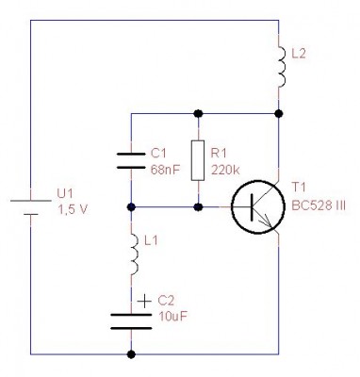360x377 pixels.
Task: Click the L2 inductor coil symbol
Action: tap(283, 67)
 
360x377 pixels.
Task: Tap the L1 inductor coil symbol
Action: tap(135, 254)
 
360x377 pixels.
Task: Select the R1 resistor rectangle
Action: tap(198, 160)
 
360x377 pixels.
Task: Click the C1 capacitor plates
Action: tap(131, 160)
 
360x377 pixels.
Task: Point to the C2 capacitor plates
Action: tap(131, 321)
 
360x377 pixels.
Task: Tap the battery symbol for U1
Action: tap(30, 207)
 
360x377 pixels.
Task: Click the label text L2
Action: tap(299, 54)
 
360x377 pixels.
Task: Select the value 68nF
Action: tap(166, 171)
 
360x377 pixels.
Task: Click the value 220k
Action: tap(225, 171)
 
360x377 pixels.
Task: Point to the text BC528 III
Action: tap(319, 205)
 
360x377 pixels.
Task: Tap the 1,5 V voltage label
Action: tap(73, 209)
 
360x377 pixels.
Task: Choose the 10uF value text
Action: tap(172, 317)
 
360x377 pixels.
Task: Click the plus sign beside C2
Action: tap(145, 302)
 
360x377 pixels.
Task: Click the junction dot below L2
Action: tap(278, 113)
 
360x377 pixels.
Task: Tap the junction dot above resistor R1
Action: tap(198, 113)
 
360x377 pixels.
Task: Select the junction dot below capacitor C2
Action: tap(131, 354)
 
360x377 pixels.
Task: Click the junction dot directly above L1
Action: tap(131, 207)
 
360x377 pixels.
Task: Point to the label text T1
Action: tap(299, 188)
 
